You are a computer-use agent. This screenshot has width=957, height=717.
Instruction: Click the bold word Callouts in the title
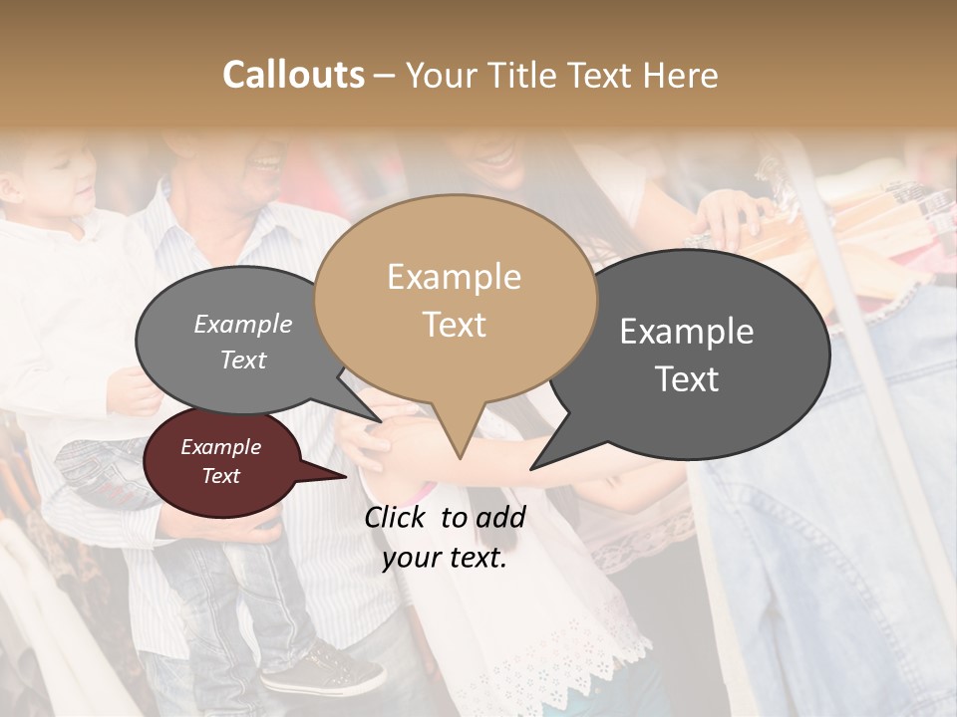(293, 75)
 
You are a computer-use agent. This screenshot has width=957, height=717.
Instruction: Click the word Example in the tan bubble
(454, 277)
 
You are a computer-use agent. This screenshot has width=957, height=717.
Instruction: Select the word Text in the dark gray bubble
(688, 379)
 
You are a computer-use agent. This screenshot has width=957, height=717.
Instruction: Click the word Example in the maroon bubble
(220, 447)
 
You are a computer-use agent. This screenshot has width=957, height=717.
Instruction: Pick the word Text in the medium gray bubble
(243, 359)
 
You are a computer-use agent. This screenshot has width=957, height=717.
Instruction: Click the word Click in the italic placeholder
(395, 517)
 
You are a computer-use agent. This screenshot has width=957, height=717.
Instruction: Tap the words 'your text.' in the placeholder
(445, 558)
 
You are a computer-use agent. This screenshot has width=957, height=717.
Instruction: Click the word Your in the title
(441, 75)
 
